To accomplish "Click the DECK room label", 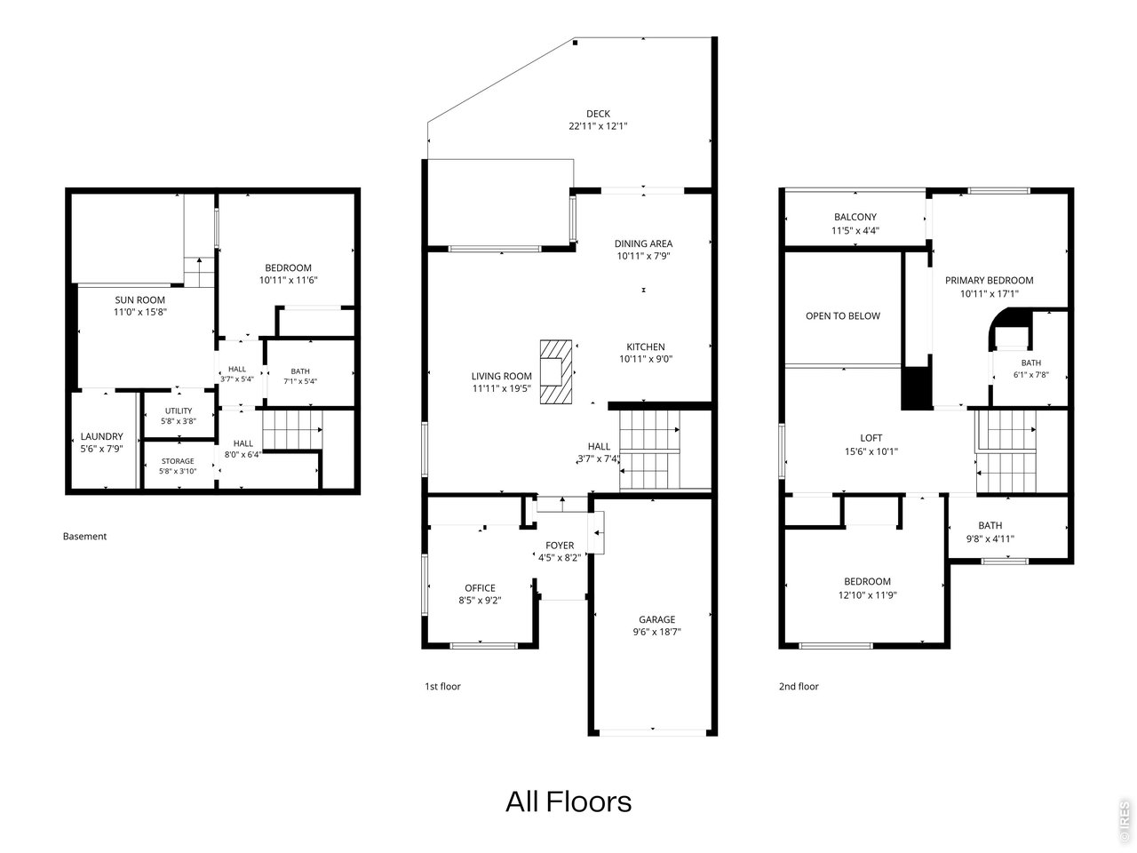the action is [x=598, y=114].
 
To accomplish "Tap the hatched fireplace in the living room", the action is [x=556, y=371].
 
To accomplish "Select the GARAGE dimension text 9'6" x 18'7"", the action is [x=656, y=632].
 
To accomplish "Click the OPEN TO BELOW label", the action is [x=842, y=316].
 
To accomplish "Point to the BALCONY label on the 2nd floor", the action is [x=855, y=217].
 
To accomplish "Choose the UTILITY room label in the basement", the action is [x=179, y=411].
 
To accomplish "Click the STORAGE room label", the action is [x=178, y=461].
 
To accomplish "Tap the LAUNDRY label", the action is [x=101, y=436].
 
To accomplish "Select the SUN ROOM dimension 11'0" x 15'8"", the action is [x=139, y=312].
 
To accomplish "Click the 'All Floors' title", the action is [x=568, y=801].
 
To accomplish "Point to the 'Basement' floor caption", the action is [x=84, y=536].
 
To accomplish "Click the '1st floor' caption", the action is [x=442, y=686].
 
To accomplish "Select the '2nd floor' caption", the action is [x=799, y=686].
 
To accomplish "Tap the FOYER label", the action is [x=560, y=546].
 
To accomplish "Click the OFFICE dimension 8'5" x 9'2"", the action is [x=480, y=601].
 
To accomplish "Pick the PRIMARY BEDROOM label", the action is [x=989, y=280].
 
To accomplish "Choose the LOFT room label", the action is [x=871, y=438].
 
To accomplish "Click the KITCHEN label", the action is [x=646, y=347].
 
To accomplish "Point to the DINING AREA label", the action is [x=643, y=243].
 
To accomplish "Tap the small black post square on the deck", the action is [x=576, y=44].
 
